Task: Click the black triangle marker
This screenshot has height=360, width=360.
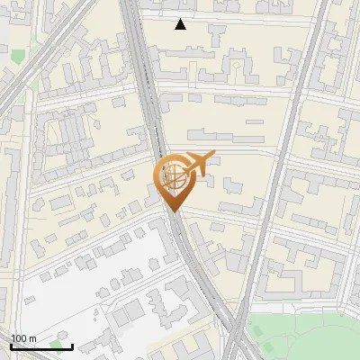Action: (181, 24)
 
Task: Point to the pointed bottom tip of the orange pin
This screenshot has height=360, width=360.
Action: (174, 211)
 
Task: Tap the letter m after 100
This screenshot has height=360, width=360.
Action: (33, 338)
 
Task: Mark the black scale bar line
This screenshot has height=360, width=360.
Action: (41, 346)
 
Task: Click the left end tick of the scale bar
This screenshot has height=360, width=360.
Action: (11, 344)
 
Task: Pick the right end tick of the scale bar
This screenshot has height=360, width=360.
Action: (72, 344)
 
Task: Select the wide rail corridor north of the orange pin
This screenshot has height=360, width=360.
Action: (144, 72)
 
